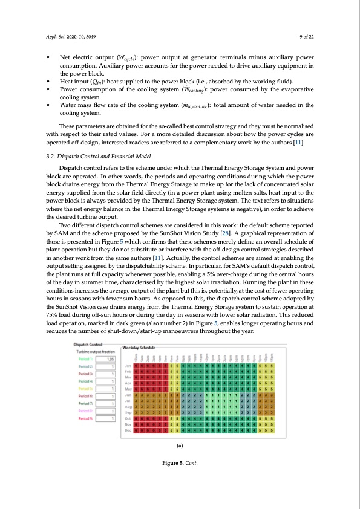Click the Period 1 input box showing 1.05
click(108, 360)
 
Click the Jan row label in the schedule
click(128, 366)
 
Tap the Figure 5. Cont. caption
click(180, 481)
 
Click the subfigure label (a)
click(180, 462)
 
